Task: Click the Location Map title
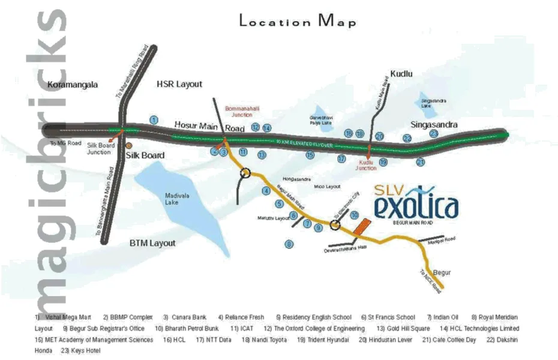pyautogui.click(x=298, y=22)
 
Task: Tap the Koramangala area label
pyautogui.click(x=72, y=85)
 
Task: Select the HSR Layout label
pyautogui.click(x=179, y=84)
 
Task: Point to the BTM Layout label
pyautogui.click(x=153, y=243)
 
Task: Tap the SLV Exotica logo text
pyautogui.click(x=416, y=204)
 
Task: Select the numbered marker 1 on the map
pyautogui.click(x=154, y=120)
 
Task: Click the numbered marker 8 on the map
pyautogui.click(x=289, y=244)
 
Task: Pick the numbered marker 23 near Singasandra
pyautogui.click(x=434, y=134)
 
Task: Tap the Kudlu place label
pyautogui.click(x=401, y=73)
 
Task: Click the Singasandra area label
pyautogui.click(x=434, y=124)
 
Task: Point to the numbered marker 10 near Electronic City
pyautogui.click(x=355, y=215)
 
